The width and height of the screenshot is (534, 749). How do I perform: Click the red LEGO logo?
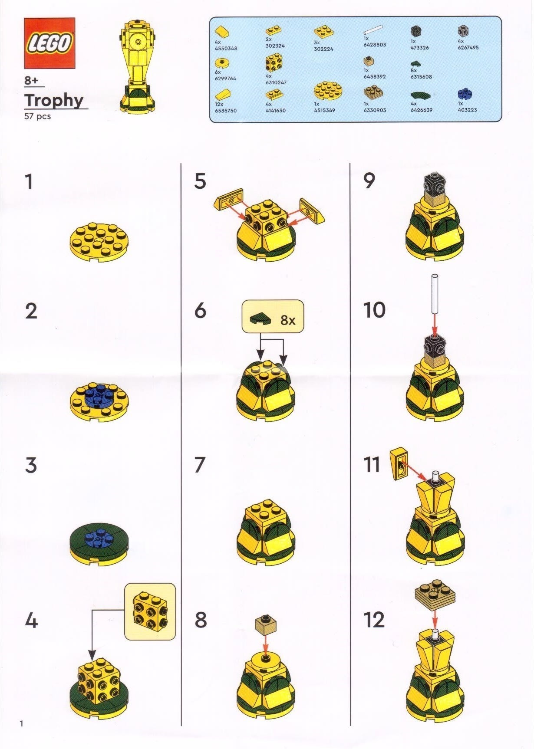(x=49, y=43)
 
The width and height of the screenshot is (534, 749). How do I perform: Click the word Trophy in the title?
(x=54, y=100)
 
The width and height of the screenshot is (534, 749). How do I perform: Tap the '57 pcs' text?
(x=38, y=116)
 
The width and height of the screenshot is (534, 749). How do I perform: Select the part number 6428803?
(x=375, y=45)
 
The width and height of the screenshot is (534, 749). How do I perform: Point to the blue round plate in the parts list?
(x=465, y=94)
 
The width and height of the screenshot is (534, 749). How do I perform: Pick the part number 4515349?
(x=324, y=110)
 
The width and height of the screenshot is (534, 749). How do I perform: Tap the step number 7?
(x=199, y=465)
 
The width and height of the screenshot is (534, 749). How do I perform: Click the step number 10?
(x=374, y=310)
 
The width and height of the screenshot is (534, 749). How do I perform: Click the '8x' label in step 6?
(x=288, y=320)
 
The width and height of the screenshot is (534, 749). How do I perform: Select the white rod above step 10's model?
(x=435, y=293)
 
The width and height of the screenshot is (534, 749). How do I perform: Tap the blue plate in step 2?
(x=99, y=397)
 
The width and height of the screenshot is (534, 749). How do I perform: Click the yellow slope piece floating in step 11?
(x=399, y=464)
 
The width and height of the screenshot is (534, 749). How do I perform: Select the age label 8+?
(x=31, y=80)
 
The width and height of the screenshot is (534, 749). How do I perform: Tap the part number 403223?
(x=467, y=110)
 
